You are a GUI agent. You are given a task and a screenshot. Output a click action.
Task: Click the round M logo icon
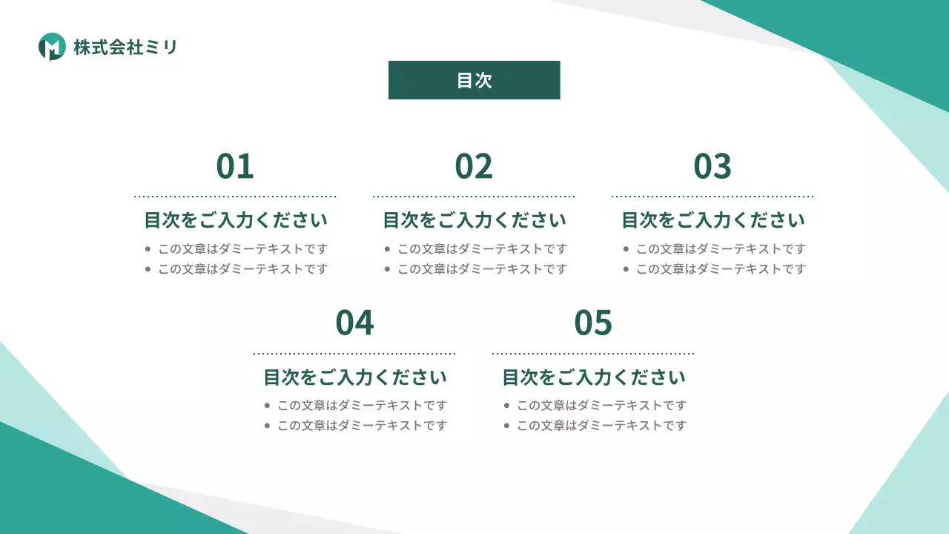point(52,47)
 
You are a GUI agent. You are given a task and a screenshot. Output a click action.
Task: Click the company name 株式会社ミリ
point(125,47)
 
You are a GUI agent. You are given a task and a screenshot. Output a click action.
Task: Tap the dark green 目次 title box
point(474,80)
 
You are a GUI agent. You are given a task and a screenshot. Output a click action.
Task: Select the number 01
point(235,166)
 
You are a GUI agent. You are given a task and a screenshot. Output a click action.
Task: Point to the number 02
point(474,166)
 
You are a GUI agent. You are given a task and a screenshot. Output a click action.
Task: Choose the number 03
point(712,166)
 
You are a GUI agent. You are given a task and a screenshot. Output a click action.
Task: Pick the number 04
point(354,323)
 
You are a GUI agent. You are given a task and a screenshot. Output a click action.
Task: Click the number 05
point(593,323)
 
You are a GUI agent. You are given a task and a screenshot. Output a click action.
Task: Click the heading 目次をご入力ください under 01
point(236,220)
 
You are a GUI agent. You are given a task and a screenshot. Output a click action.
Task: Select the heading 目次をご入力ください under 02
point(474,220)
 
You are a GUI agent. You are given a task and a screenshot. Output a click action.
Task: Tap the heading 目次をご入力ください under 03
point(713,220)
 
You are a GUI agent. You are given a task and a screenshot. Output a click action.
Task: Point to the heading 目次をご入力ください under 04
point(355,377)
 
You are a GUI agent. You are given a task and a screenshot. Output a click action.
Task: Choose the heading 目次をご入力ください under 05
point(594,377)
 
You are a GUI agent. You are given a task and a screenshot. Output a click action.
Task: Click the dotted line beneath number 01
point(235,197)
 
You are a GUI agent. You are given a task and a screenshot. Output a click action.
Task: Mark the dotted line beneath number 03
point(712,197)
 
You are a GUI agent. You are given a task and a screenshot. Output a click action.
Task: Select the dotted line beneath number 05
point(593,354)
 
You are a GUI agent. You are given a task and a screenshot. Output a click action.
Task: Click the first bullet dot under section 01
point(148,249)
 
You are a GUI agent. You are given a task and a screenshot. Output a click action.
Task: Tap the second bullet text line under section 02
point(482,269)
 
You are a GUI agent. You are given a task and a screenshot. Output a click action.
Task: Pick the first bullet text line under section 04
point(363,406)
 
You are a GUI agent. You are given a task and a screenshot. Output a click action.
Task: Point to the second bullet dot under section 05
point(507,426)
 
